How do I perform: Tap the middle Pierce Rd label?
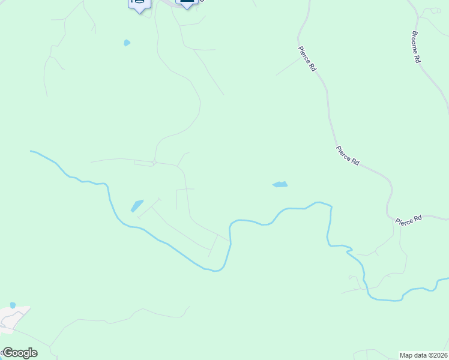[x=348, y=155]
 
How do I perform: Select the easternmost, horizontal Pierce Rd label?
[x=409, y=220]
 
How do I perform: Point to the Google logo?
[x=19, y=353]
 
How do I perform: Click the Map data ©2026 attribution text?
[x=423, y=355]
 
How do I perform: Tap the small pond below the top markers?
[x=127, y=43]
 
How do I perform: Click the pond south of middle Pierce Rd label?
[x=280, y=184]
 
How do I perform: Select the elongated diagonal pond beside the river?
[x=137, y=206]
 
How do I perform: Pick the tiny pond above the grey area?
[x=13, y=305]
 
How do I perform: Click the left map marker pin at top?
[x=139, y=4]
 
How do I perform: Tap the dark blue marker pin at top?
[x=187, y=2]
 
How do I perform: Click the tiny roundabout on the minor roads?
[x=154, y=162]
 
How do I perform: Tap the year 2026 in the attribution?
[x=439, y=355]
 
